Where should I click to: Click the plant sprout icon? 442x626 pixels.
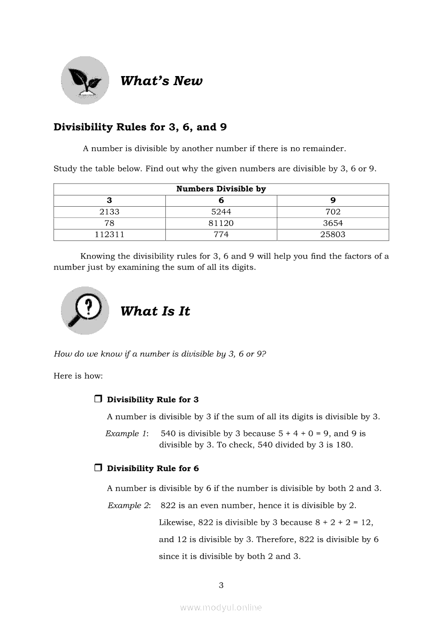85,80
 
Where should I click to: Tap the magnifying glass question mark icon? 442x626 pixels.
85,311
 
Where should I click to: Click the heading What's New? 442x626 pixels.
161,81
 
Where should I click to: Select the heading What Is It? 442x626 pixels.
155,311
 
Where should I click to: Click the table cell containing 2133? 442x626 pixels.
110,212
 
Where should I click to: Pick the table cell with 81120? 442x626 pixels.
221,223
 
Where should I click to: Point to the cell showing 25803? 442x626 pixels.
333,235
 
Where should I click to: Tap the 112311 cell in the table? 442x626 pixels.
110,235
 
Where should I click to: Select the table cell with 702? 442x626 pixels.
333,212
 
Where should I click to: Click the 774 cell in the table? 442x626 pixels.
221,235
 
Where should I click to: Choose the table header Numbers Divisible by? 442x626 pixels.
221,189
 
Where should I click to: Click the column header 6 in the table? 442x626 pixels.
221,200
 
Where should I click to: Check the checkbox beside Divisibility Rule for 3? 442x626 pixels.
98,399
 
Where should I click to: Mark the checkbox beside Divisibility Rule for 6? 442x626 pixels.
98,468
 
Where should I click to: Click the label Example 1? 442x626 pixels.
126,434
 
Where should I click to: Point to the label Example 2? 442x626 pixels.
128,506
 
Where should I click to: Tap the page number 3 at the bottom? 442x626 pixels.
221,585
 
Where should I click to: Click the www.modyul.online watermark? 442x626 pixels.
221,607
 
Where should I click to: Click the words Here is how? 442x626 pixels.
78,376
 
